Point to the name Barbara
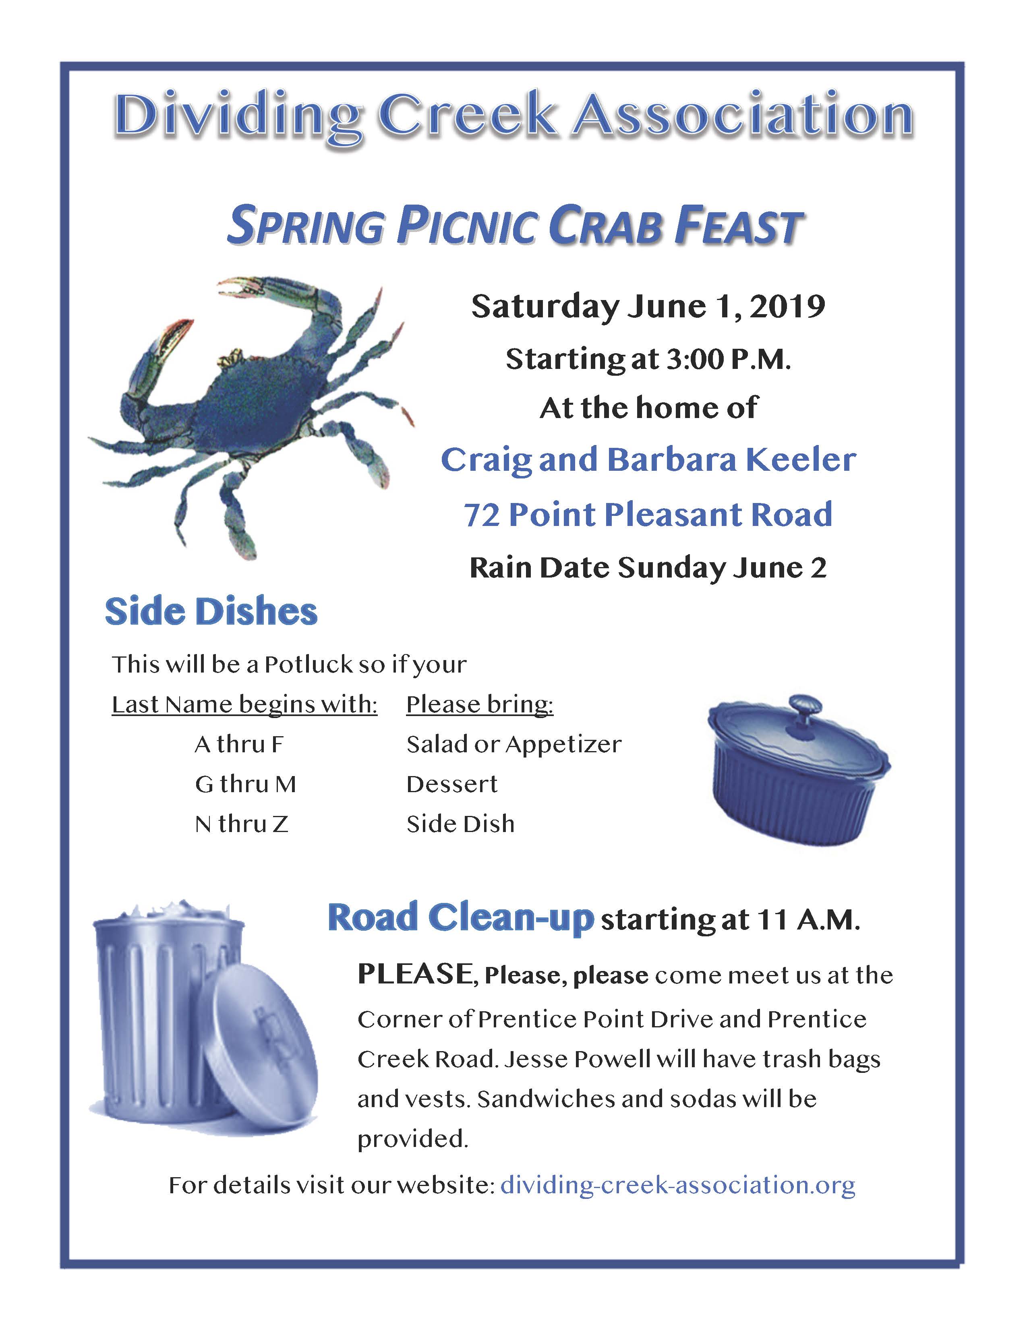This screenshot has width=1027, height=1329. [672, 460]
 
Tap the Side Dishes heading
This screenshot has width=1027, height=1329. [211, 612]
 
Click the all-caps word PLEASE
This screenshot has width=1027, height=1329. [415, 974]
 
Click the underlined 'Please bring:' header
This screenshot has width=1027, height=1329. [480, 705]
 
